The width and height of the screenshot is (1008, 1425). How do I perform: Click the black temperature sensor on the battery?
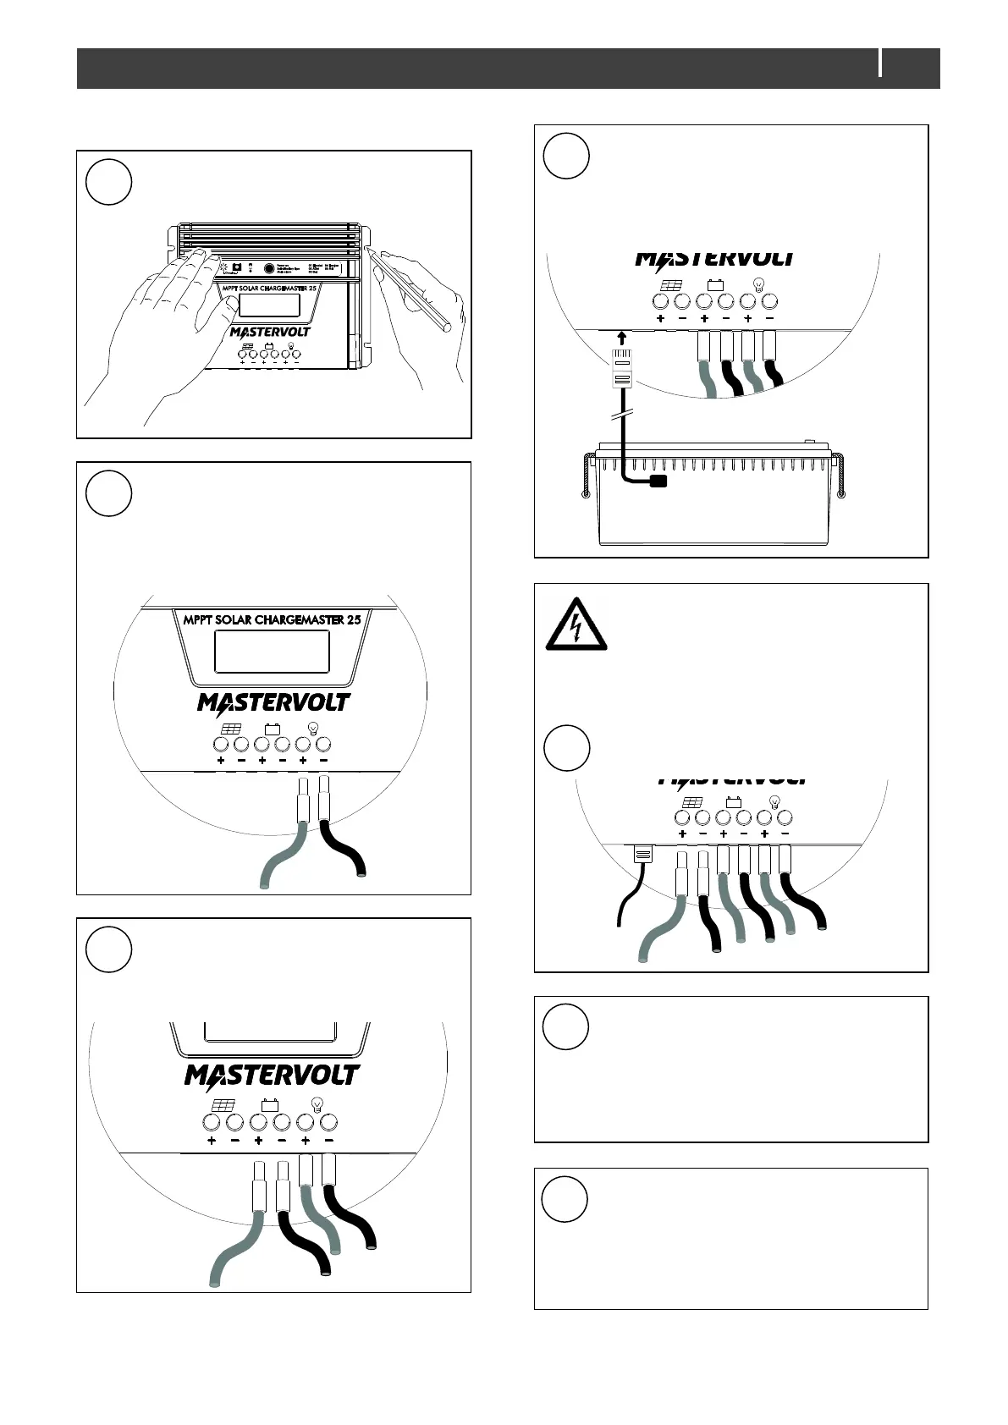click(x=656, y=481)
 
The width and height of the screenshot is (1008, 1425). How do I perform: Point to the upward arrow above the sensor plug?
click(x=622, y=339)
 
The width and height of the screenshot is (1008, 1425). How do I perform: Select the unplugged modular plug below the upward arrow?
click(x=622, y=368)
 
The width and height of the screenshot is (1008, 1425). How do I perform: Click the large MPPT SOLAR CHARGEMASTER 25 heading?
click(x=272, y=619)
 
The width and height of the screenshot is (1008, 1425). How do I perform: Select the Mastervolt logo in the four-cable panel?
click(x=272, y=1075)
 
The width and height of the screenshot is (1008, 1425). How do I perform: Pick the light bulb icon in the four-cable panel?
click(x=317, y=1103)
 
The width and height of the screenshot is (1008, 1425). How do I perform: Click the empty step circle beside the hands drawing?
click(x=109, y=182)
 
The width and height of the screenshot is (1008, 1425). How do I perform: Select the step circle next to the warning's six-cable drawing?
click(x=565, y=747)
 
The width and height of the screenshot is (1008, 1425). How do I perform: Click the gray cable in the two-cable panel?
click(x=279, y=859)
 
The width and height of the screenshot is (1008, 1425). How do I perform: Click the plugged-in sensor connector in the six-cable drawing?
click(x=642, y=855)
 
